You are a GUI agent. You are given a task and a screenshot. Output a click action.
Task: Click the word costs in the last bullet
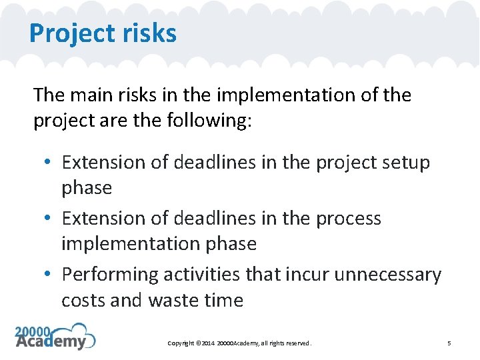[83, 301]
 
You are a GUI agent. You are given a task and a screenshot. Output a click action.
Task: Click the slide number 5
[449, 343]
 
